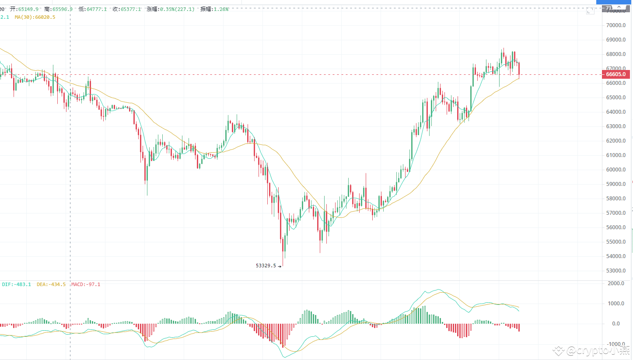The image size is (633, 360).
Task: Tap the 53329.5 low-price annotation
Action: [x=266, y=266]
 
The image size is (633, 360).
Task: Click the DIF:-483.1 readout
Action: [x=17, y=284]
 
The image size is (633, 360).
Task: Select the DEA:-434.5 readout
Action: [x=51, y=284]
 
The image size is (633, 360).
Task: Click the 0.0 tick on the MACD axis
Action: [x=616, y=324]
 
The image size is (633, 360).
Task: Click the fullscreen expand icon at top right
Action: [x=590, y=10]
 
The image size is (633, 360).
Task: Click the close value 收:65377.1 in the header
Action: [x=126, y=9]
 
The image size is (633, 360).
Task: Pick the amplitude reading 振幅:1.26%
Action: [x=214, y=9]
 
